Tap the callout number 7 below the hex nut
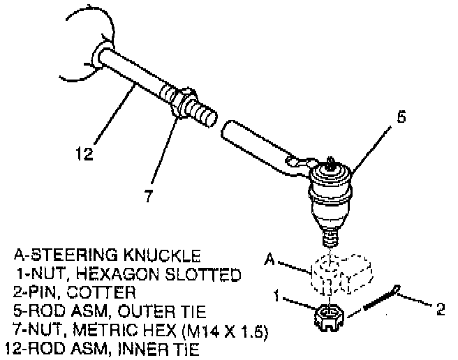(x=147, y=196)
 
